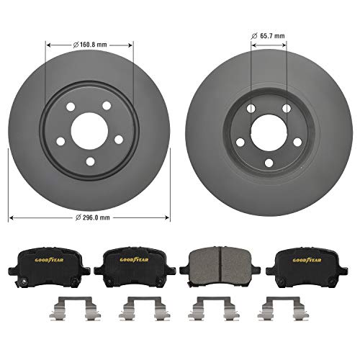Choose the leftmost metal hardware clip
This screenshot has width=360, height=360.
tap(49, 310)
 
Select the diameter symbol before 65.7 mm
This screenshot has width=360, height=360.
tap(253, 34)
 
